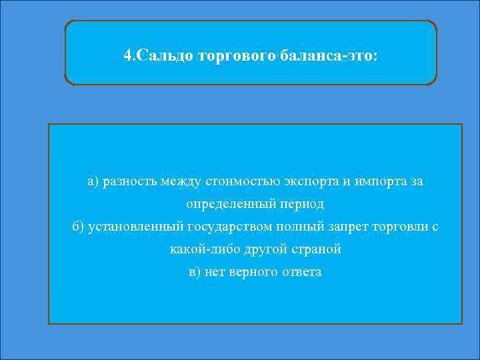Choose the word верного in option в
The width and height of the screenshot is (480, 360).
[255, 272]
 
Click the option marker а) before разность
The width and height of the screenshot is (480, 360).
[92, 181]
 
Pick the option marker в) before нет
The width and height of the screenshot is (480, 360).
[195, 272]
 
